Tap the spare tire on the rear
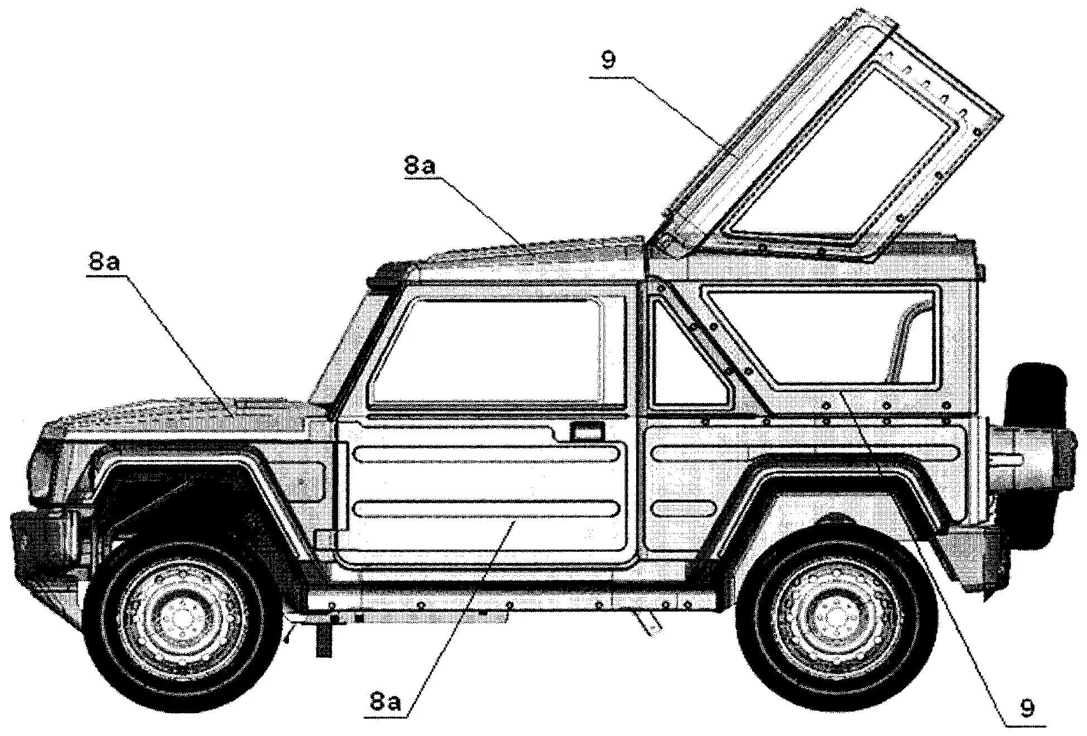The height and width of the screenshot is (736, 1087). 1037,452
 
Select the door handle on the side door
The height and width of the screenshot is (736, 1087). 586,431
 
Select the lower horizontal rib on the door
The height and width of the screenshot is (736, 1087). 485,508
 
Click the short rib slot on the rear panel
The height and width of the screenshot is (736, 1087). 683,508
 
